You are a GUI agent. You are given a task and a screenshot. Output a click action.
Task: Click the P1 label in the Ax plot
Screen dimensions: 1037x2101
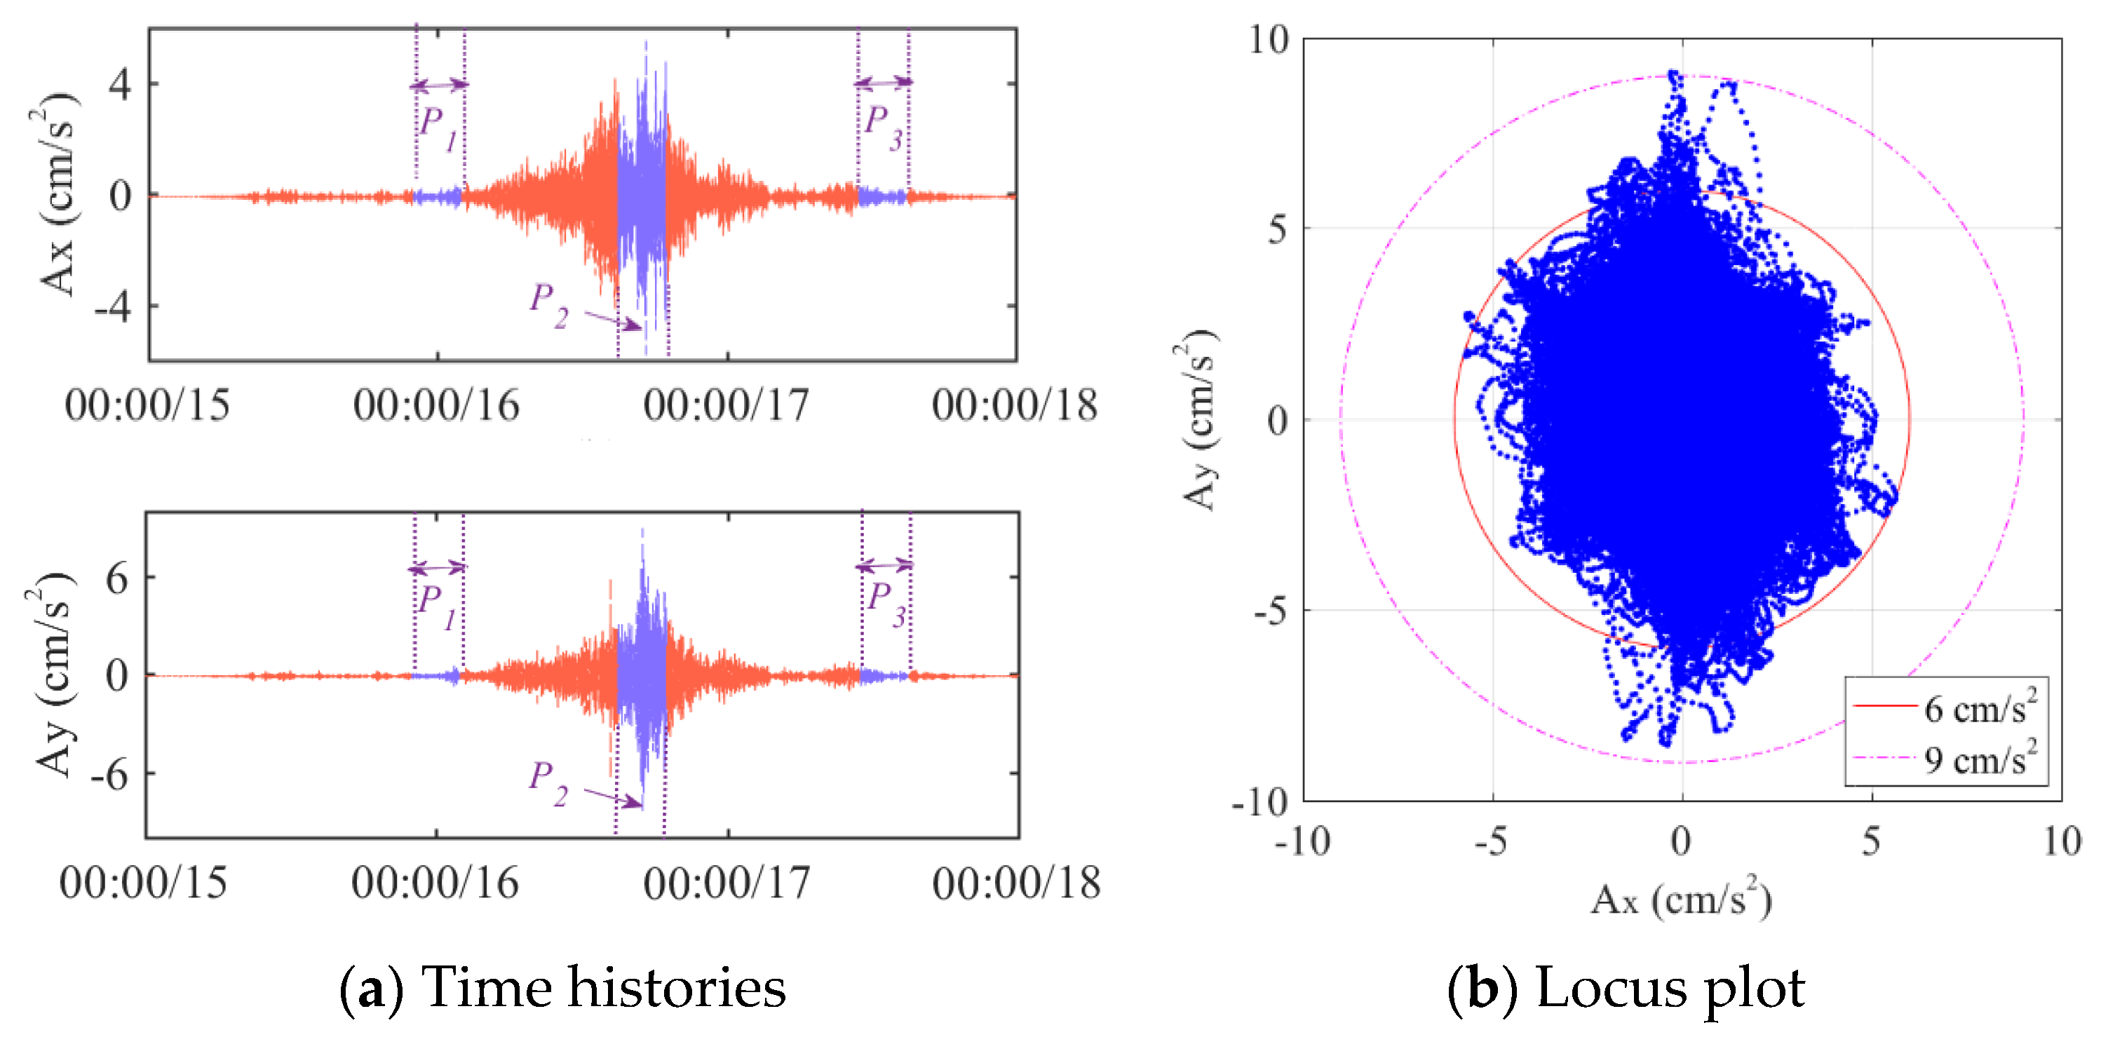[438, 129]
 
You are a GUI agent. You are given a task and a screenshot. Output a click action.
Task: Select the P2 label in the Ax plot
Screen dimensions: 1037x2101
[548, 305]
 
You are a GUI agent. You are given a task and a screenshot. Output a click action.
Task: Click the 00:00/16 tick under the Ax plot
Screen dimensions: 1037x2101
[436, 405]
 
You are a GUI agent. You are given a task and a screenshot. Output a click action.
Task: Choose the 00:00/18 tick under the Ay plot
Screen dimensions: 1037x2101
[1016, 882]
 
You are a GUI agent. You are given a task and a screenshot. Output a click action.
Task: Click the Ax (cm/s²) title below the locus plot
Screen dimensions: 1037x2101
[1680, 901]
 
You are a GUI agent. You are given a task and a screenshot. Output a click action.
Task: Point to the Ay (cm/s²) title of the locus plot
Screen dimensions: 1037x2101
[1199, 419]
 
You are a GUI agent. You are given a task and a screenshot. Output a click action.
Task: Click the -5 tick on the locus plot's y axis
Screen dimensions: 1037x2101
[1269, 611]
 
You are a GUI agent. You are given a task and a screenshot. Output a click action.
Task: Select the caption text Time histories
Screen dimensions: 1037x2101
[604, 987]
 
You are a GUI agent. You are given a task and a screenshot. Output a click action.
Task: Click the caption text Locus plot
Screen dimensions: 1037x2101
[1670, 987]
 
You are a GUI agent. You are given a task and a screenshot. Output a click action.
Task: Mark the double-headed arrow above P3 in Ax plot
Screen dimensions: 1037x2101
[884, 82]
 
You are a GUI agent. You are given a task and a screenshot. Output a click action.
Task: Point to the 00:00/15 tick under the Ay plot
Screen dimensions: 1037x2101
[144, 882]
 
